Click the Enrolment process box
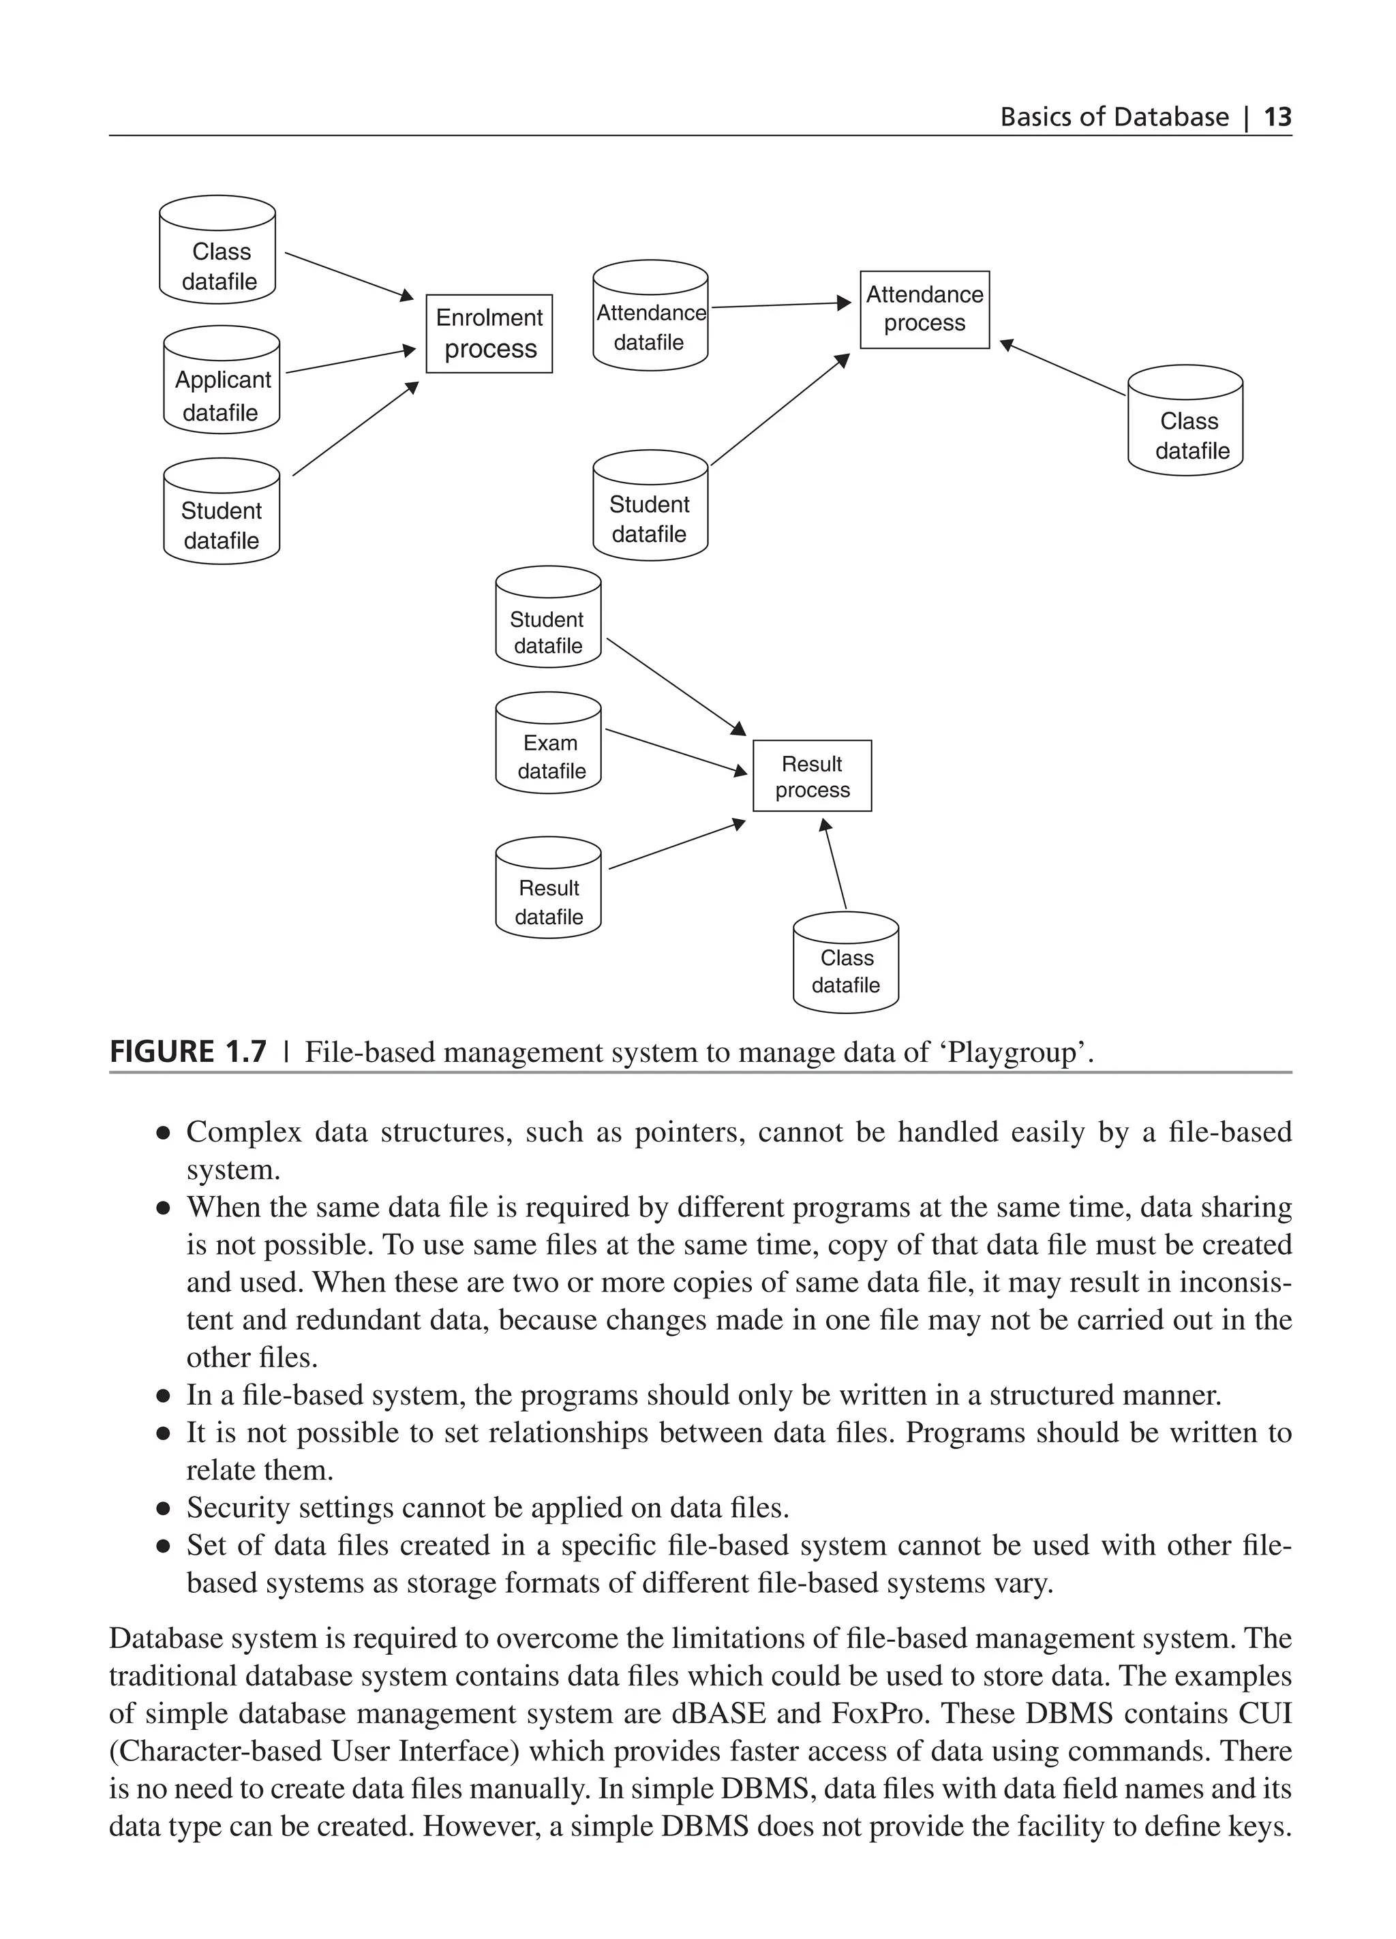pos(489,333)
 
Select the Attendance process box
pos(924,309)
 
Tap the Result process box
pos(811,776)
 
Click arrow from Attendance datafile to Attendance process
pos(780,305)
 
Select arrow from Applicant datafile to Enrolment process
pos(350,361)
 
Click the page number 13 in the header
pos(1277,117)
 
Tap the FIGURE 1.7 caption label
pos(188,1051)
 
